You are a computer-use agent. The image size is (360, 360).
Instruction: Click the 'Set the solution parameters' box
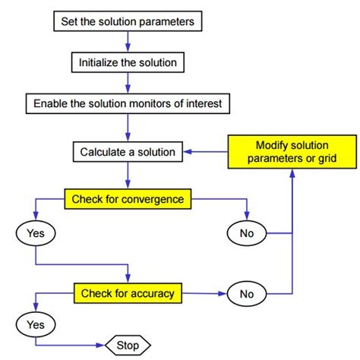[x=128, y=22]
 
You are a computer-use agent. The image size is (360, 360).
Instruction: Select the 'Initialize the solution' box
[x=128, y=62]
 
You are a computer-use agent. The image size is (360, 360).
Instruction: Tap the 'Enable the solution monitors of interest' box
[x=128, y=101]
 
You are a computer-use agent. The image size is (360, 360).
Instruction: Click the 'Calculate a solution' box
[x=128, y=152]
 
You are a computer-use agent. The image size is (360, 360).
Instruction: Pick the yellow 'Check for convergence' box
[x=128, y=200]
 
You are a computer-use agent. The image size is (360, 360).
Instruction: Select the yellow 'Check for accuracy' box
[x=128, y=292]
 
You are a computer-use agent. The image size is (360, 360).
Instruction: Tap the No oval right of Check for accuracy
[x=247, y=292]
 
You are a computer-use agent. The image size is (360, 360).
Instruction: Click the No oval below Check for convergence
[x=247, y=233]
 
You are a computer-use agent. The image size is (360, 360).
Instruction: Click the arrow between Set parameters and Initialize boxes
[x=128, y=42]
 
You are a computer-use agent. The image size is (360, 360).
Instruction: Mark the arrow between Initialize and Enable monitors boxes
[x=128, y=81]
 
